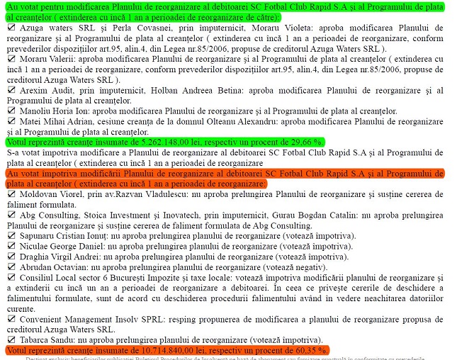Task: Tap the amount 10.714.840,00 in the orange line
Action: point(169,350)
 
